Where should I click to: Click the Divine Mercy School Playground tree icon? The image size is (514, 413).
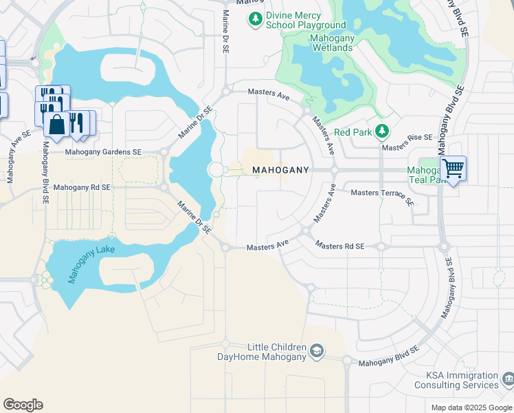(256, 18)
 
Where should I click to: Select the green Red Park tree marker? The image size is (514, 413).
(382, 131)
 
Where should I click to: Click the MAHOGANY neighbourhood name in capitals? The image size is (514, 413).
(280, 169)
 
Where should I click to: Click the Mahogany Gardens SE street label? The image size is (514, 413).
(103, 152)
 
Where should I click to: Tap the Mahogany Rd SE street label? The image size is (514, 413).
(82, 187)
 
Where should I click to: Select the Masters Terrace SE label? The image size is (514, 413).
(382, 197)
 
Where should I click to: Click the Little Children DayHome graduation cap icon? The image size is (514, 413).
(316, 351)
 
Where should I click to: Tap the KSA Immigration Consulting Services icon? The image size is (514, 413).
(508, 379)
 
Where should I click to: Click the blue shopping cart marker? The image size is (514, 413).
(453, 168)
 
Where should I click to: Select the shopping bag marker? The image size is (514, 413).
(55, 124)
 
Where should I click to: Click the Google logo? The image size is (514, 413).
(23, 405)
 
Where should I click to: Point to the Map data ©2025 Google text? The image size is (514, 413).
(471, 407)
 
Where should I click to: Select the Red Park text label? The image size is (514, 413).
(353, 132)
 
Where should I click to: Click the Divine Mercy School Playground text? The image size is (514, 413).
(306, 21)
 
